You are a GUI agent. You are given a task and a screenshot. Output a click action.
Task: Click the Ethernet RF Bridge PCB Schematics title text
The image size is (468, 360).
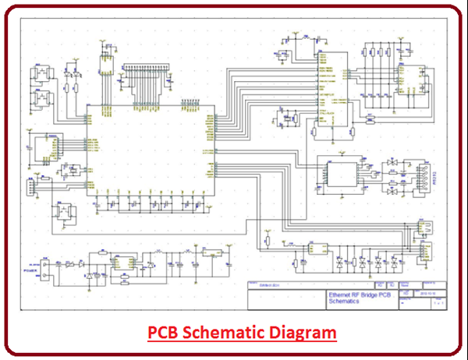[360, 298]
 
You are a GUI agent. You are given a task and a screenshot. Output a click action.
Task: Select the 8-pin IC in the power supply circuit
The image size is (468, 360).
[123, 265]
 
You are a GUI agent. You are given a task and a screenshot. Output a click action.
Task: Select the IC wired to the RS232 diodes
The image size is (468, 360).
[344, 173]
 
